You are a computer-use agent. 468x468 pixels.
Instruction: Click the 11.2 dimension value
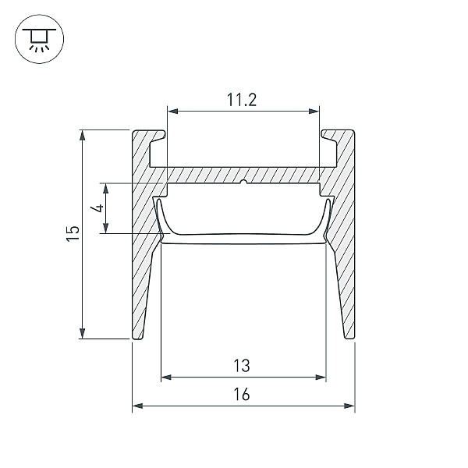point(242,100)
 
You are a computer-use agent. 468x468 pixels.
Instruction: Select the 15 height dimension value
point(73,234)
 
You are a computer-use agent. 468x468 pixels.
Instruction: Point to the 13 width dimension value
point(242,366)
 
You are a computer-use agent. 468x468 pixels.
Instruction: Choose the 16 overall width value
point(242,394)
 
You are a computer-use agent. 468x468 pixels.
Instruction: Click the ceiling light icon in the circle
point(39,39)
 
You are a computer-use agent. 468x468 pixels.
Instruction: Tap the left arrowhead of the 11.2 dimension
point(173,112)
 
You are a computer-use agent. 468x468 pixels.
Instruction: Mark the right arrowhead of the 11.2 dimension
point(314,112)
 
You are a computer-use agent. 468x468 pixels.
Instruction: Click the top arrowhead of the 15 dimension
point(83,135)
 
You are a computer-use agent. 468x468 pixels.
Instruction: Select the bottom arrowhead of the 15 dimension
point(83,333)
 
